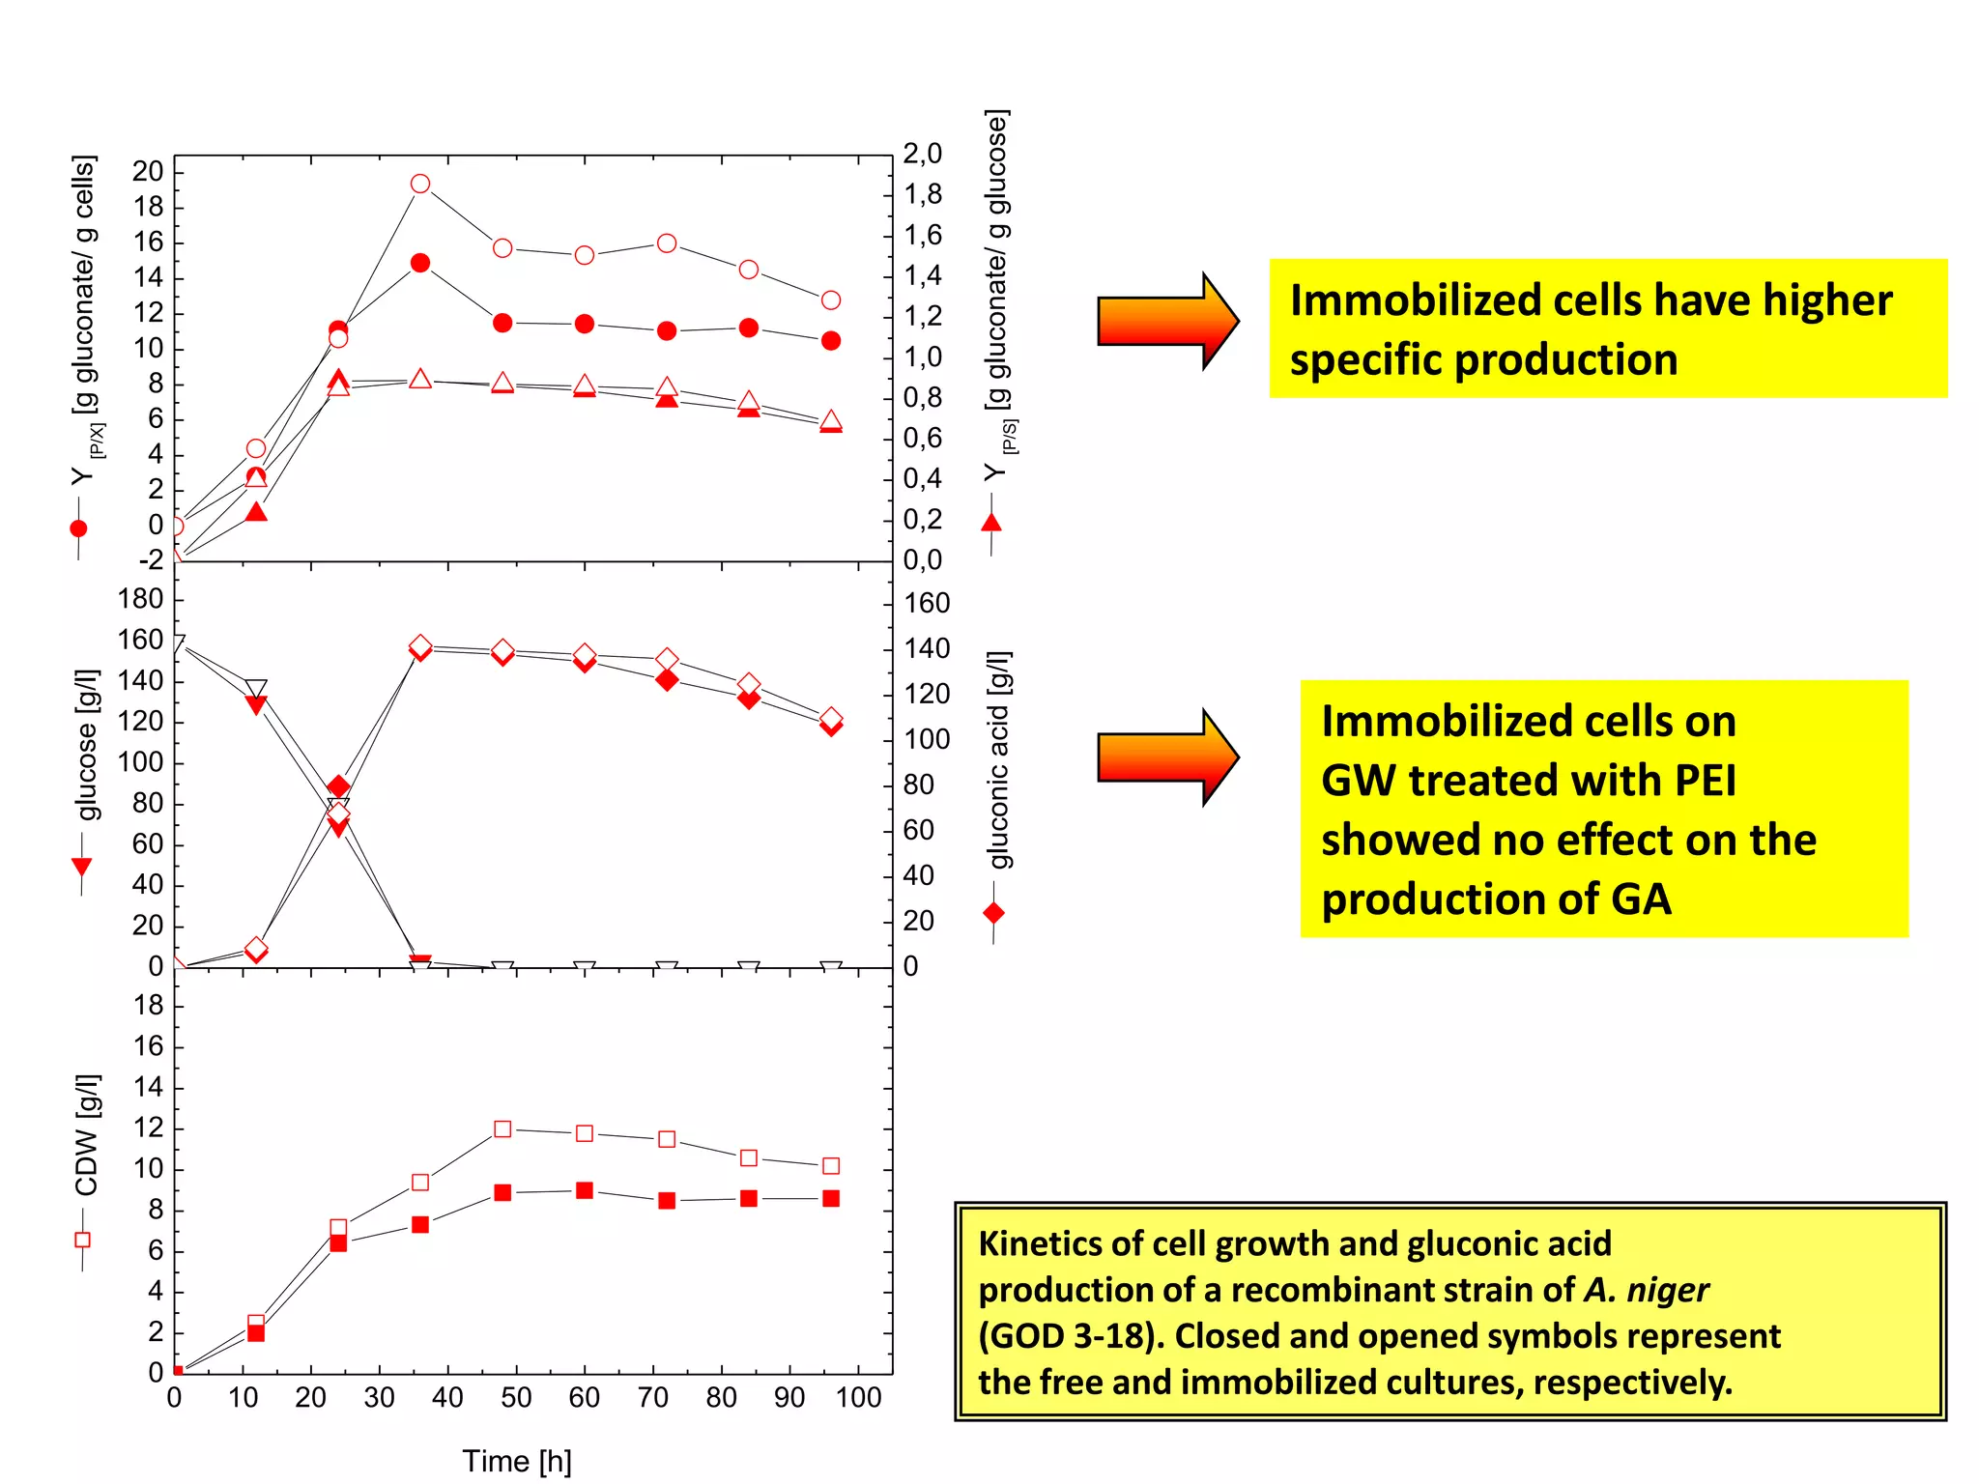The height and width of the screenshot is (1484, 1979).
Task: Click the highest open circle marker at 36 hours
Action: coord(419,184)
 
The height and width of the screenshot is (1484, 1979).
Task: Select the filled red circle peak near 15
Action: coord(419,263)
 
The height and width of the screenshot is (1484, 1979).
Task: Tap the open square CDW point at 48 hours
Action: coord(502,1128)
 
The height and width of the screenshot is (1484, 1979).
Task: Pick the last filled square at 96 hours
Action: coord(831,1198)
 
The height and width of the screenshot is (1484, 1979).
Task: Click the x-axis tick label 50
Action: coord(516,1397)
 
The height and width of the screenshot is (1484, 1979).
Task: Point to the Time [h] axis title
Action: coord(516,1461)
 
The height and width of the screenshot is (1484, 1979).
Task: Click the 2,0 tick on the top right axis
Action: coord(922,154)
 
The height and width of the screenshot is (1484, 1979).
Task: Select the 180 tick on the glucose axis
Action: coord(140,599)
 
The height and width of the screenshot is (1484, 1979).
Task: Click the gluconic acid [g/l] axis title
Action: coord(999,759)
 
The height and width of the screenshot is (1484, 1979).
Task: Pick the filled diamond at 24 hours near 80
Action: coord(338,786)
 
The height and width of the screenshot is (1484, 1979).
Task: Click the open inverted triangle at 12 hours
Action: coord(255,689)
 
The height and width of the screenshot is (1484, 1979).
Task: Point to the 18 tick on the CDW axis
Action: coord(148,1006)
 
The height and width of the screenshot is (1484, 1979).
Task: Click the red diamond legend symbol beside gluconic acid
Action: coord(993,913)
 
